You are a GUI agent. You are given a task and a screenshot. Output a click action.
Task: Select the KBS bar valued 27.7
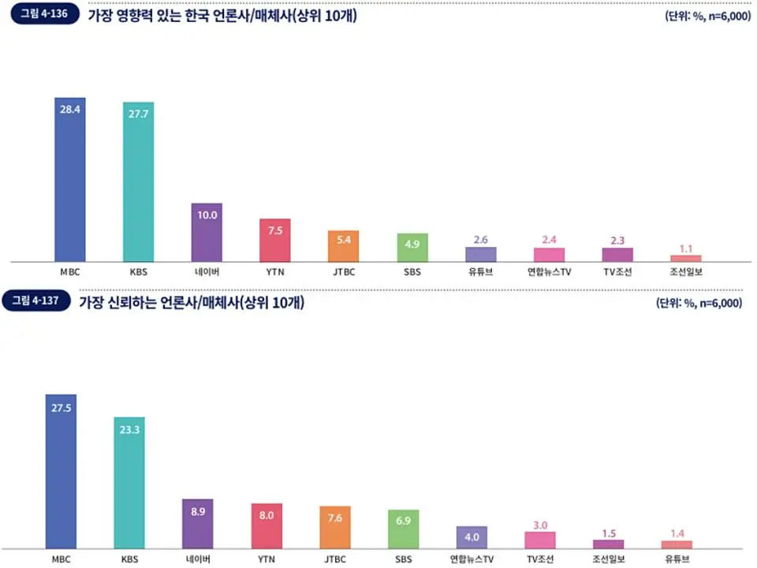click(138, 182)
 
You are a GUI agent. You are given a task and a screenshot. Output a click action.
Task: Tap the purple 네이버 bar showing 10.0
click(207, 232)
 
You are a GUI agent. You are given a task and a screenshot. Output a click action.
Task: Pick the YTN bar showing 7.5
click(275, 240)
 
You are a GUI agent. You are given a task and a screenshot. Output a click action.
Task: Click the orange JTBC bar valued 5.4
click(344, 245)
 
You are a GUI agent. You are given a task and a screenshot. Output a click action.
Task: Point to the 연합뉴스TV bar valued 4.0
click(472, 537)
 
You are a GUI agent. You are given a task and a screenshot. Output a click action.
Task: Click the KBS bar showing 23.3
click(129, 482)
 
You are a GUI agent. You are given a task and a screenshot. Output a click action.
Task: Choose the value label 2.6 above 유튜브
click(481, 240)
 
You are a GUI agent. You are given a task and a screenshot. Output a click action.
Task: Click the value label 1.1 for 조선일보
click(686, 248)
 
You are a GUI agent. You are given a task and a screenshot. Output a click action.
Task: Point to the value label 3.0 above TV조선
click(540, 525)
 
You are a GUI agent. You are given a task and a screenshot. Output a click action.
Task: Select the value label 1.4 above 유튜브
click(677, 533)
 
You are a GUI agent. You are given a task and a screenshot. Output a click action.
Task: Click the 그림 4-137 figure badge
click(40, 301)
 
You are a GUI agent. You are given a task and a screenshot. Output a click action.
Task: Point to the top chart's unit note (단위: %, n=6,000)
click(707, 16)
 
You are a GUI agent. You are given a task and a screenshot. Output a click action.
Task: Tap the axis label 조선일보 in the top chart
click(686, 271)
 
